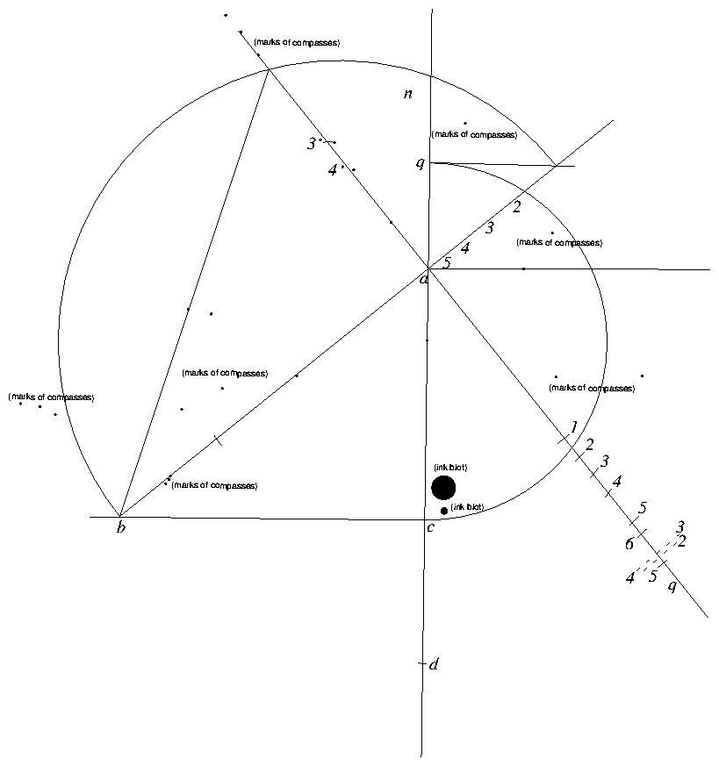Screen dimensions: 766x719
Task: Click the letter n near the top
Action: [x=408, y=94]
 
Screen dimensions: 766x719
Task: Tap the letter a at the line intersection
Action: [x=424, y=279]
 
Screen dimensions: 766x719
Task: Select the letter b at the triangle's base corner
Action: [x=121, y=527]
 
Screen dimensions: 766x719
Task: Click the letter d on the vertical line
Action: [x=434, y=664]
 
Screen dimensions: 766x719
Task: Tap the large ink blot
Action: [x=443, y=488]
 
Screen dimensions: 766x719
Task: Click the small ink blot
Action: [x=444, y=511]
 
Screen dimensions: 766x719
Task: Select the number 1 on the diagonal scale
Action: [x=573, y=426]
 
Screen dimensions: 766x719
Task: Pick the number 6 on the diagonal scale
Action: [x=629, y=545]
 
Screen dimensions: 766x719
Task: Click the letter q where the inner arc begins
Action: [x=421, y=163]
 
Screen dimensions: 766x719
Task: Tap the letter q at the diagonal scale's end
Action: [x=672, y=585]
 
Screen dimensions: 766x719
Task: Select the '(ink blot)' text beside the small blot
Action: [x=467, y=507]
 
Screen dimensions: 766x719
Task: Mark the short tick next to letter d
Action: [x=421, y=664]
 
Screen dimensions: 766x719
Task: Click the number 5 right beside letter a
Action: [x=446, y=263]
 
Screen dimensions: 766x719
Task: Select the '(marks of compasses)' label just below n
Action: [x=474, y=135]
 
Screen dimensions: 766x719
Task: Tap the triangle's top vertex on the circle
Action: [x=268, y=69]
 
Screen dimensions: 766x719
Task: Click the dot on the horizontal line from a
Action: [x=523, y=268]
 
